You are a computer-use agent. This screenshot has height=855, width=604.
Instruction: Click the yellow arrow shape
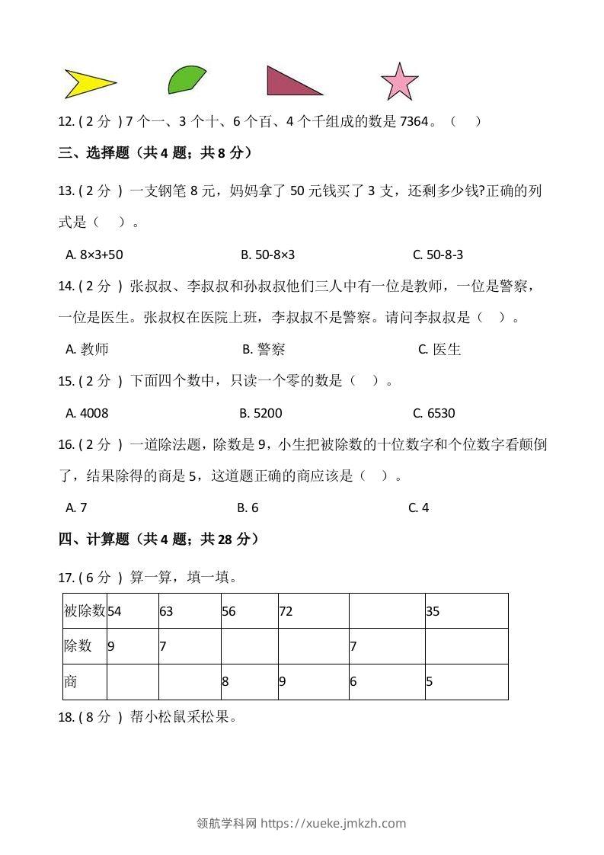[x=85, y=84]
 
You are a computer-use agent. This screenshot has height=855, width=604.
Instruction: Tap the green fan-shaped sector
[x=184, y=80]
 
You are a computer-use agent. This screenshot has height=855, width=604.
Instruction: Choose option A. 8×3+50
[x=95, y=255]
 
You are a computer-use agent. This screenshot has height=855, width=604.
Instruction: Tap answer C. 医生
[x=440, y=350]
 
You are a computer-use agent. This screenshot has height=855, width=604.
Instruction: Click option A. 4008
[x=88, y=413]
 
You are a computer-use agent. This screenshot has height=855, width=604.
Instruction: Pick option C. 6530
[x=433, y=413]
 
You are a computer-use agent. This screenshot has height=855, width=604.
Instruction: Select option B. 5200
[x=260, y=413]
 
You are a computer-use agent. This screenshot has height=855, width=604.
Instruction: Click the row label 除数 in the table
[x=78, y=646]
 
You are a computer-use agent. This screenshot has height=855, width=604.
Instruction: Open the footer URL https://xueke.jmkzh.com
[x=333, y=823]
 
